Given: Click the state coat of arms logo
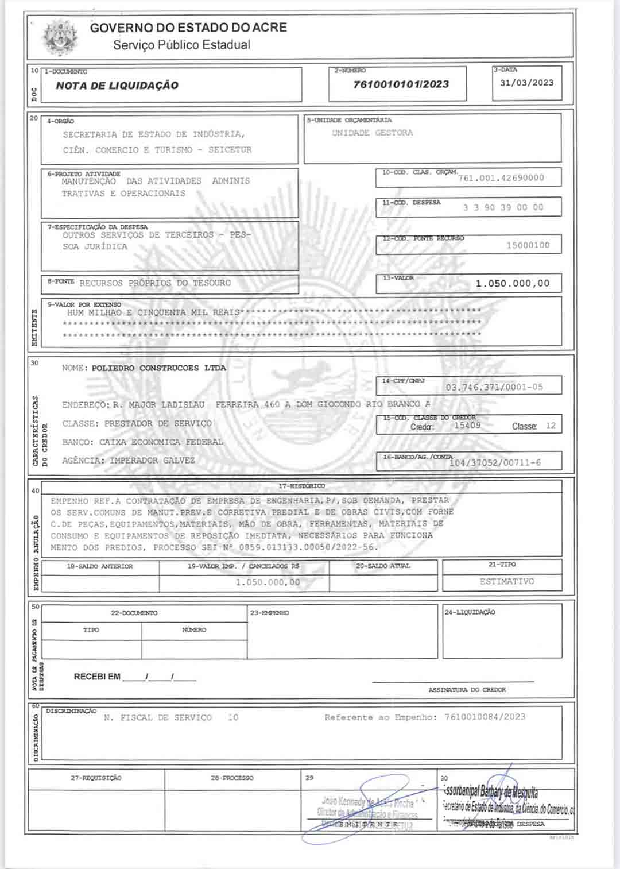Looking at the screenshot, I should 61,37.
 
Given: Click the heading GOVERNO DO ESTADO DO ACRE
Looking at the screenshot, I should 188,28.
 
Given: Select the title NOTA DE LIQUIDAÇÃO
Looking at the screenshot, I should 117,86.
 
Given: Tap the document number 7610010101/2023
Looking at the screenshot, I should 401,84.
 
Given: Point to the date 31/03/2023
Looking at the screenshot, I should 526,83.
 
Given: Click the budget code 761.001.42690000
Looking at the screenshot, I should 501,178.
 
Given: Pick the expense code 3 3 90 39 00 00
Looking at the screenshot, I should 503,207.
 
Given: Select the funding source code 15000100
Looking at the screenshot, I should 528,245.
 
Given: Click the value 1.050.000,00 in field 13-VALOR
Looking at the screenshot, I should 512,283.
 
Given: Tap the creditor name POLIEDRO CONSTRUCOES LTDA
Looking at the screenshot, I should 158,368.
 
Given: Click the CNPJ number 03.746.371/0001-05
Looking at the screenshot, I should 494,387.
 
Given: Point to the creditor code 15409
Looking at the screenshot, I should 467,426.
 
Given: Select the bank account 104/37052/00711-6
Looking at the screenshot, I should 495,462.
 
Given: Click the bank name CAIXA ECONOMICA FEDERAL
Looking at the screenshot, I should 161,442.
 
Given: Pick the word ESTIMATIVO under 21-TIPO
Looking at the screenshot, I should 507,581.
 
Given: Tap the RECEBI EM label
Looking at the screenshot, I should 97,677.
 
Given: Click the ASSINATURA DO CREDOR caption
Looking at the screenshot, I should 467,689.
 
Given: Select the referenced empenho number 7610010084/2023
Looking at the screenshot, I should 485,717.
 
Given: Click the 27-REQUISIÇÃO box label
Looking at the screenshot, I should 96,778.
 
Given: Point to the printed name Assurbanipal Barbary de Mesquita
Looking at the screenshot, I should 491,793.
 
